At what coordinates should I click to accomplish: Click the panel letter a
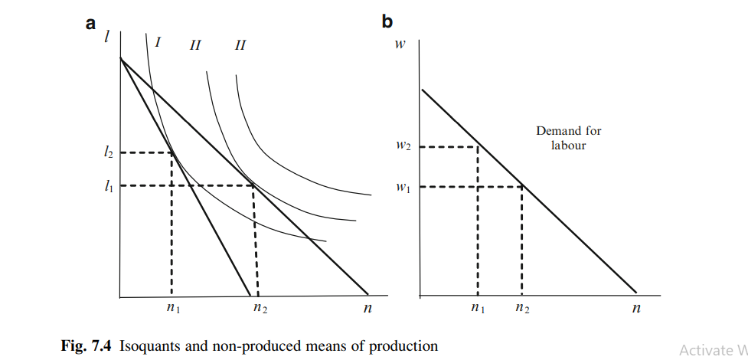point(91,24)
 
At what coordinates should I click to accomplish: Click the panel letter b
point(387,24)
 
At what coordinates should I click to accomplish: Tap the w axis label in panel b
point(400,44)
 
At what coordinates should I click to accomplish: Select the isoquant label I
point(157,42)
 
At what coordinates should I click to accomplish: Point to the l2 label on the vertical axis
point(109,152)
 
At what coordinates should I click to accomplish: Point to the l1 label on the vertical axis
point(109,185)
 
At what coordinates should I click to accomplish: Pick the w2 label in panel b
point(404,146)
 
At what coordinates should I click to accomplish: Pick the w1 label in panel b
point(404,185)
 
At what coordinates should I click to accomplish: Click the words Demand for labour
point(568,138)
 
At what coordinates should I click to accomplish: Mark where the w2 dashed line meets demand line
point(478,146)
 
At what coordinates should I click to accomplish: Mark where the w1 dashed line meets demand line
point(521,185)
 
